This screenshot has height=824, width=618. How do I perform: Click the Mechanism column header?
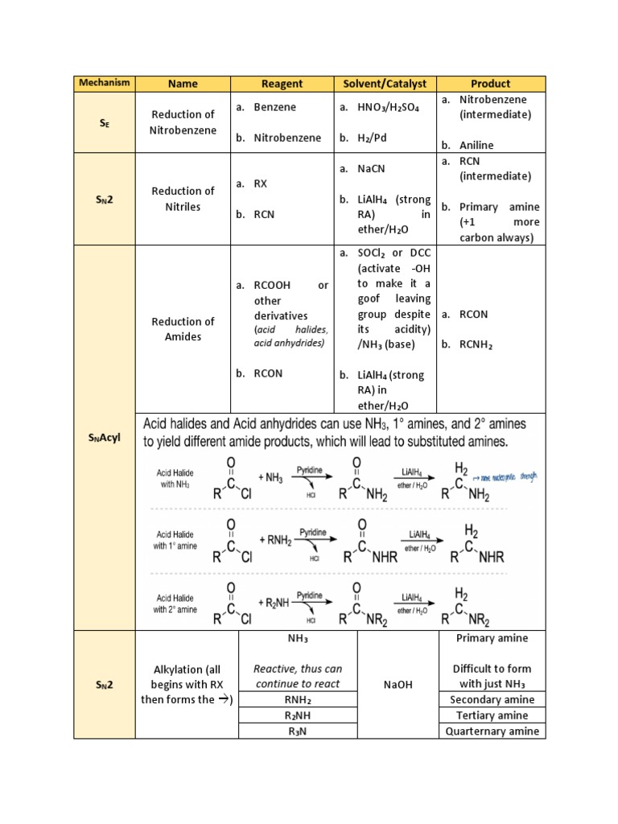tap(105, 84)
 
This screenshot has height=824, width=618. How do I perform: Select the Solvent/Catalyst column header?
tap(385, 84)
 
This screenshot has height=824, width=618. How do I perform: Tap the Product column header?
tap(491, 84)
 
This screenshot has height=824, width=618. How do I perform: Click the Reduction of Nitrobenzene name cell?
tap(183, 122)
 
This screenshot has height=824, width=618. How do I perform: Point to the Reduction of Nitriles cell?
tap(183, 199)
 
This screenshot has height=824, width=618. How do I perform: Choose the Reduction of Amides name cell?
tap(183, 329)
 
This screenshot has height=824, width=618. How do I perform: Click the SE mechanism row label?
tap(105, 122)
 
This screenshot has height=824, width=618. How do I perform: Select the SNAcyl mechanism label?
tap(105, 439)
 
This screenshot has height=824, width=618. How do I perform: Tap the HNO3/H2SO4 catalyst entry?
tap(390, 107)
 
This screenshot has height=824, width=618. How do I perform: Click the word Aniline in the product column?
tap(476, 146)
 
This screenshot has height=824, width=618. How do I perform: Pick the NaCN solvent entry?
tap(378, 168)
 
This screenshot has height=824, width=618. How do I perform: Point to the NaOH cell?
tap(398, 685)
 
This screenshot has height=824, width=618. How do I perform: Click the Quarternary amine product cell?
tap(491, 731)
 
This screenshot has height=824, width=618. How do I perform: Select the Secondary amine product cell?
tap(491, 700)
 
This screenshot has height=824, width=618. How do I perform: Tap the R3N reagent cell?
tap(298, 731)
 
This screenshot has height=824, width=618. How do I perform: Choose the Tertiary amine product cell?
tap(491, 715)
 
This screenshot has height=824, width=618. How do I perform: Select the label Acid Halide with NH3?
tap(175, 479)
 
